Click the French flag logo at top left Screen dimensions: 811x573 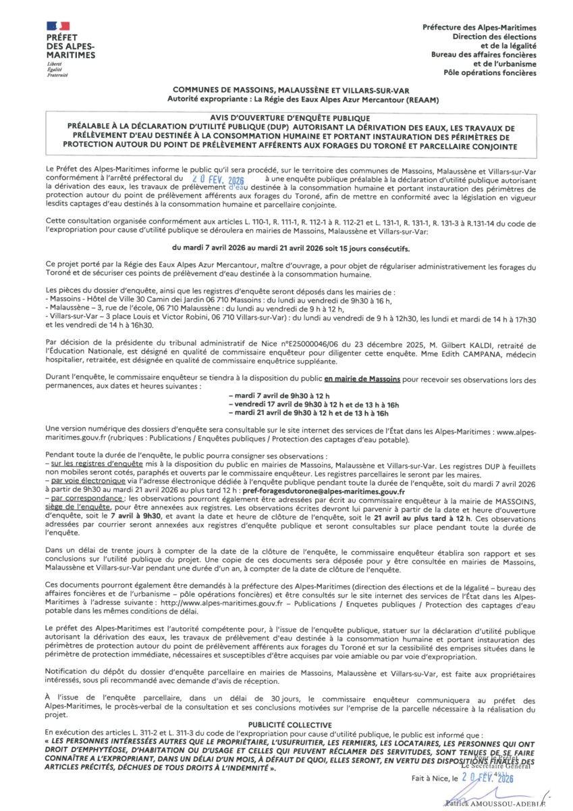[x=58, y=26]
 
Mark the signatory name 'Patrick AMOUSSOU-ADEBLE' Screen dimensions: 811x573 [x=495, y=802]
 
